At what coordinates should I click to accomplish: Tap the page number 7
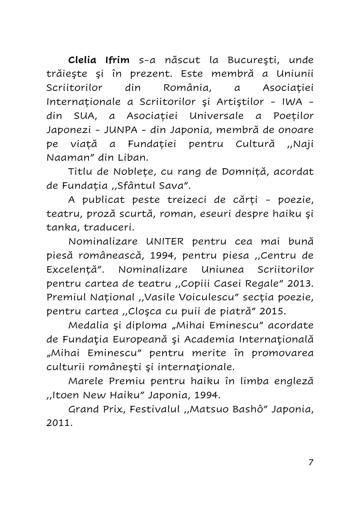click(311, 462)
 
